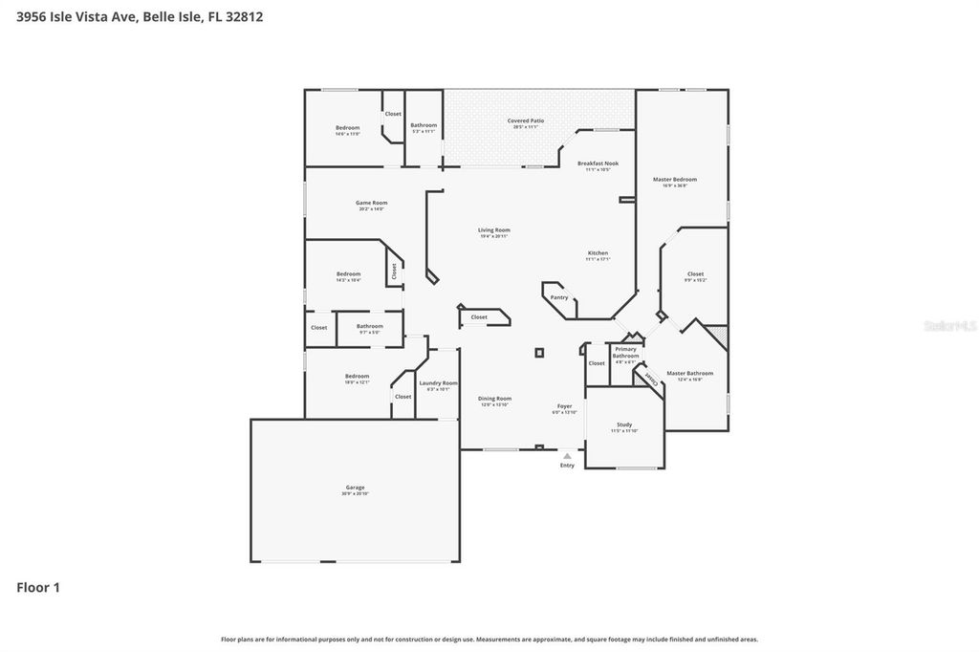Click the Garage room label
tap(355, 488)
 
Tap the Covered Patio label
tap(525, 121)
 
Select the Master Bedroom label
tap(675, 180)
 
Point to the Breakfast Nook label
tap(598, 163)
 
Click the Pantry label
tap(559, 297)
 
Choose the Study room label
tap(624, 424)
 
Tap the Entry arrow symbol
tap(567, 456)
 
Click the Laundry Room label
tap(438, 383)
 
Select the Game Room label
tap(372, 203)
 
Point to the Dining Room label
tap(495, 399)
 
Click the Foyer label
tap(565, 406)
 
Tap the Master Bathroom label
tap(689, 374)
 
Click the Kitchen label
tap(598, 253)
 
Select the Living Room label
tap(494, 230)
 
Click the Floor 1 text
tap(38, 587)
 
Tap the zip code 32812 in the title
tap(243, 16)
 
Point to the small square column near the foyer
tap(539, 353)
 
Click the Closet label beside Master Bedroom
tap(695, 274)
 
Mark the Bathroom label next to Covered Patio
tap(424, 125)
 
